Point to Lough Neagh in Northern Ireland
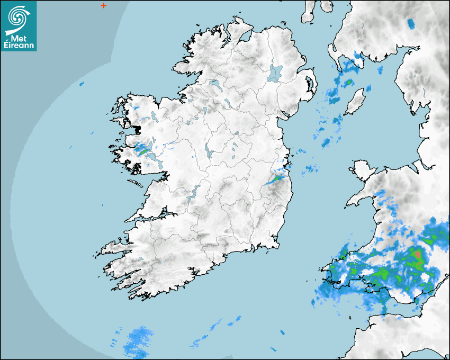point(276,73)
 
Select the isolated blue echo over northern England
point(411,23)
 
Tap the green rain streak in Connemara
point(141,150)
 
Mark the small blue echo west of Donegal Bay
point(82,84)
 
